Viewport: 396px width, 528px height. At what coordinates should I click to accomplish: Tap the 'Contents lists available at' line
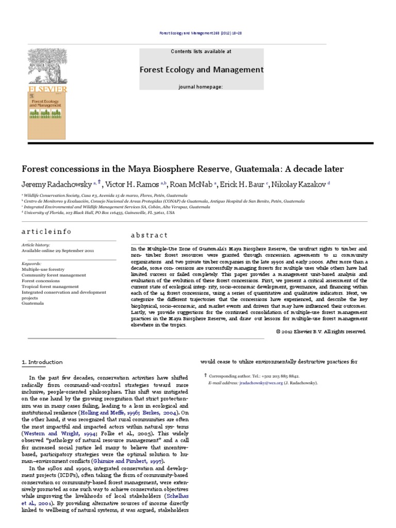[201, 52]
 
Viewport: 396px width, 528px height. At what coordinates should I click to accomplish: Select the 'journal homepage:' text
[201, 87]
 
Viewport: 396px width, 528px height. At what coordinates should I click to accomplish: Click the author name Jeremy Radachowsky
[56, 184]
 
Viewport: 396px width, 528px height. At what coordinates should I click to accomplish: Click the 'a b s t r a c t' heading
[149, 235]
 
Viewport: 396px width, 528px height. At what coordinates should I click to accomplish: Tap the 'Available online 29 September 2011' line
[57, 250]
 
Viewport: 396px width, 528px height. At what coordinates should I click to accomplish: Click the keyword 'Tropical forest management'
[50, 286]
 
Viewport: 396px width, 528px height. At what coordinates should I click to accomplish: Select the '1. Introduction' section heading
[42, 362]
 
